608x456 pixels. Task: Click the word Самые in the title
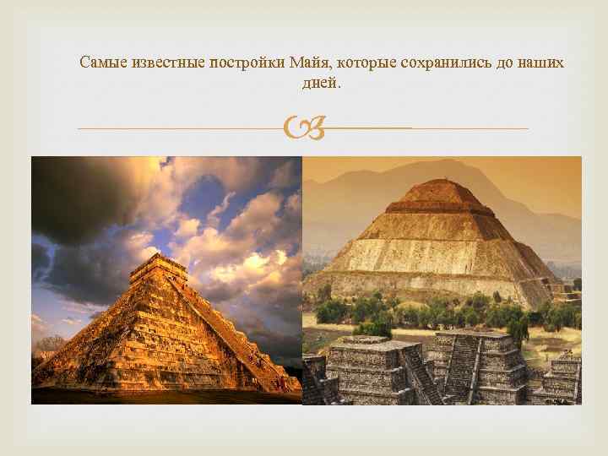[x=100, y=63]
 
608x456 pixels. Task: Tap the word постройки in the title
[x=245, y=63]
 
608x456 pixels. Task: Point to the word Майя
[x=308, y=63]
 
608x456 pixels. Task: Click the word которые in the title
[x=367, y=63]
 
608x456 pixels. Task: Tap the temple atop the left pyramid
[x=159, y=268]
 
